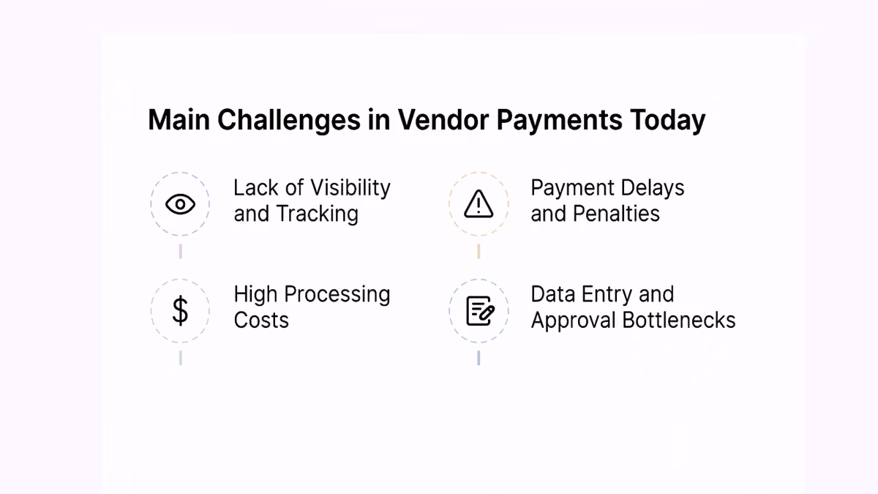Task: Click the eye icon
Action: click(180, 204)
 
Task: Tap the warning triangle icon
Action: click(479, 204)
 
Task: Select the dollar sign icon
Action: click(180, 310)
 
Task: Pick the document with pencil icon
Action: click(481, 311)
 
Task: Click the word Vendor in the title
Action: click(443, 119)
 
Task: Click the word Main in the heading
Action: click(179, 119)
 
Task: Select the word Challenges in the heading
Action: click(289, 120)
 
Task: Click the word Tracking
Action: click(317, 214)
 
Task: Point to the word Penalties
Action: click(616, 214)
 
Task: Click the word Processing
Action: click(337, 294)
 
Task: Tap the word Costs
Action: click(261, 320)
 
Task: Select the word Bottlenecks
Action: click(679, 320)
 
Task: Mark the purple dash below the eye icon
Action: click(180, 251)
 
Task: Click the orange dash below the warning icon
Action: click(479, 251)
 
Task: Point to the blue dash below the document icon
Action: click(479, 358)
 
